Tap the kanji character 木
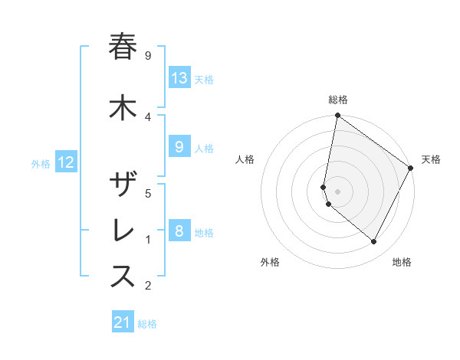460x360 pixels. pyautogui.click(x=123, y=108)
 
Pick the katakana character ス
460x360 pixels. pyautogui.click(x=123, y=277)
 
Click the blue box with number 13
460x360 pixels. pyautogui.click(x=179, y=78)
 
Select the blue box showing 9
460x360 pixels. pyautogui.click(x=179, y=148)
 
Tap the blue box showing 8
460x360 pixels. pyautogui.click(x=179, y=231)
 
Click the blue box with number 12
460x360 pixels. pyautogui.click(x=66, y=162)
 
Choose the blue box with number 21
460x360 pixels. pyautogui.click(x=123, y=322)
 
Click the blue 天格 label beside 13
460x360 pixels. pyautogui.click(x=204, y=80)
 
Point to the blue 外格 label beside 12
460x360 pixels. pyautogui.click(x=41, y=163)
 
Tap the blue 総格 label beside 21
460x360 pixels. pyautogui.click(x=147, y=324)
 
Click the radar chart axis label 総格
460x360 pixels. pyautogui.click(x=337, y=100)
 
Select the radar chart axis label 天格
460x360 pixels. pyautogui.click(x=431, y=159)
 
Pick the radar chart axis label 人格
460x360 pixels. pyautogui.click(x=245, y=159)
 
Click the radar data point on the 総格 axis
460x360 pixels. pyautogui.click(x=337, y=116)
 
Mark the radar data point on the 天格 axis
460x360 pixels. pyautogui.click(x=411, y=168)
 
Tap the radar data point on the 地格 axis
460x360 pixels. pyautogui.click(x=374, y=242)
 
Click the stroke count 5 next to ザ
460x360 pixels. pyautogui.click(x=148, y=193)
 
